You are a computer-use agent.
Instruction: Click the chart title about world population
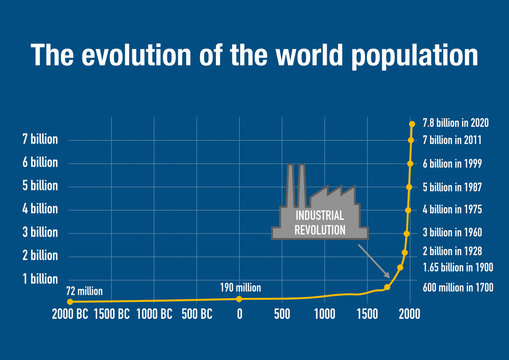tap(254, 54)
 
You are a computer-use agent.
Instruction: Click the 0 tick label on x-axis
tap(239, 314)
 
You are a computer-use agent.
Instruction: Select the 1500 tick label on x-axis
tap(367, 314)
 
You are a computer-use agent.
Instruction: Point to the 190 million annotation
tap(240, 288)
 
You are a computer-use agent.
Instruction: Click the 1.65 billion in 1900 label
tap(457, 268)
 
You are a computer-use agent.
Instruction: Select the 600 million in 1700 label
tap(457, 288)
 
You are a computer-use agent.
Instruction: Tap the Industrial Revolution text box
tap(312, 223)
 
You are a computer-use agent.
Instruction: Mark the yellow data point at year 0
tap(239, 298)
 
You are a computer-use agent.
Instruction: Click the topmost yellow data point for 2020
tap(411, 124)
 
